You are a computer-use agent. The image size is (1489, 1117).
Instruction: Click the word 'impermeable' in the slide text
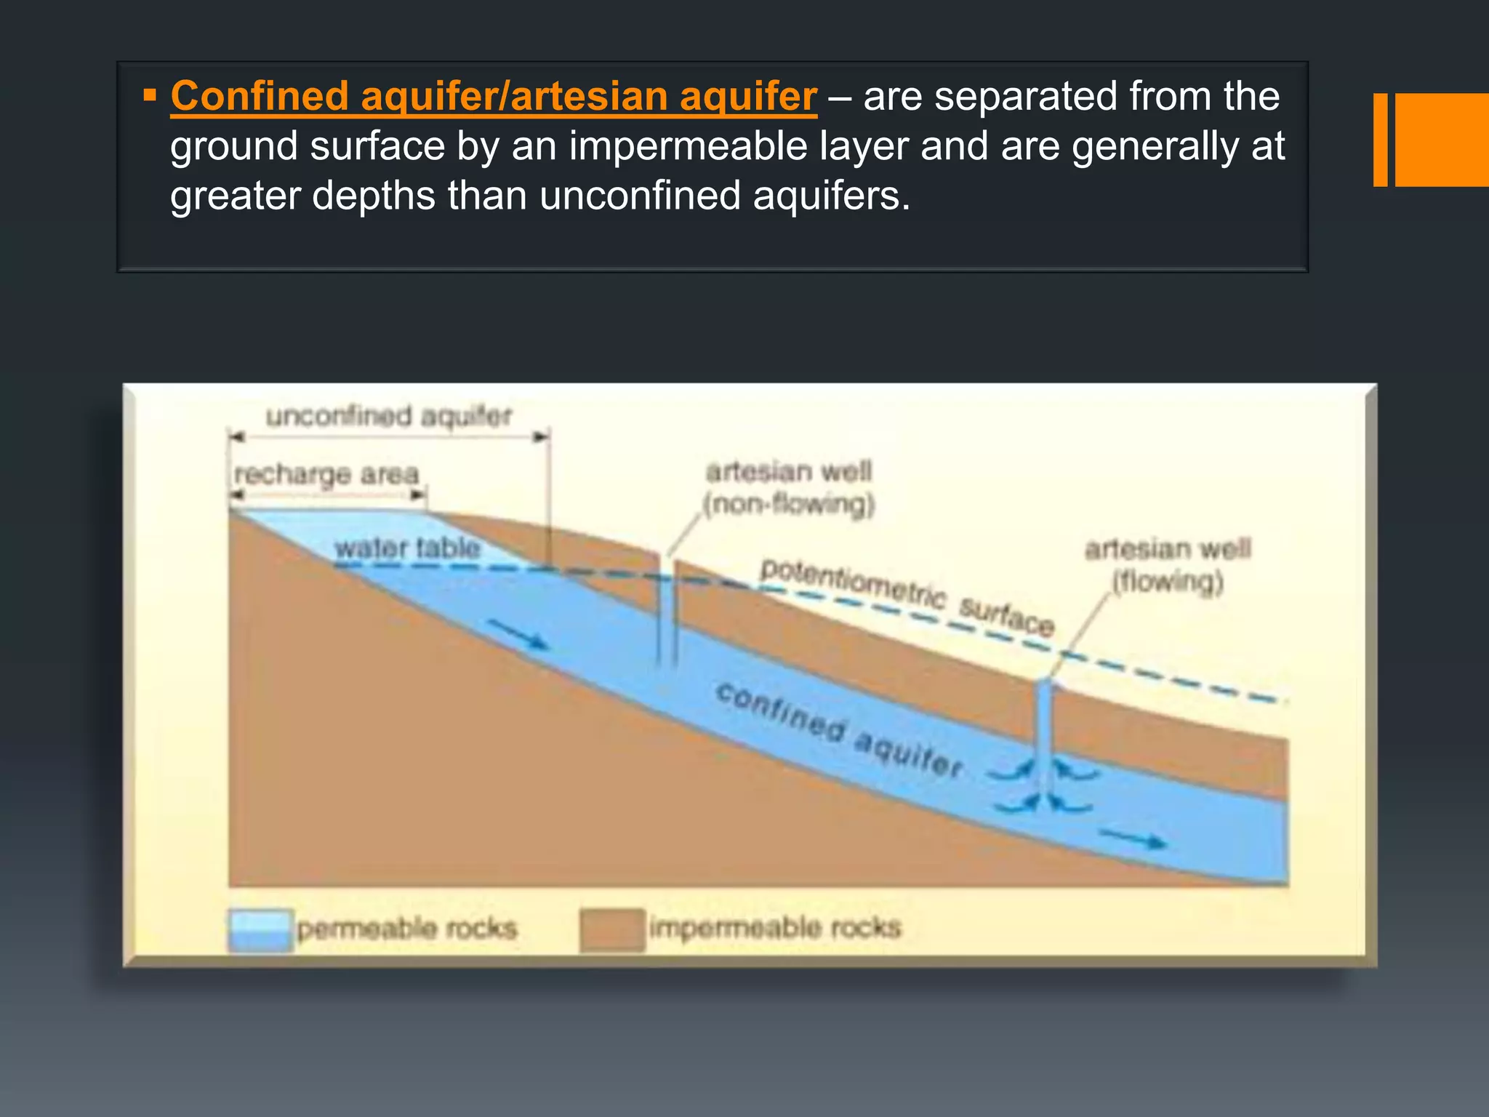click(688, 146)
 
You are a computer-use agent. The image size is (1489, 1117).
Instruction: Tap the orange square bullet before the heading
click(150, 95)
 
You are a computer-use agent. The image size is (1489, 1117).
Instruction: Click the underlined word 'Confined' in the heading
click(260, 96)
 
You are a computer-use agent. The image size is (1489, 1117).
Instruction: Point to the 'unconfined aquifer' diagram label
click(389, 416)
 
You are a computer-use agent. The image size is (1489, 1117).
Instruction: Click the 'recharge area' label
click(326, 474)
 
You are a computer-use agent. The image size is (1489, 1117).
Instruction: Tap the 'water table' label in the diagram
click(407, 548)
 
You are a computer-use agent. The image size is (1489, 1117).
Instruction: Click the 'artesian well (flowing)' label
click(1168, 565)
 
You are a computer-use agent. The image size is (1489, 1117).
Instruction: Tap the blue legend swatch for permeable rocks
click(260, 929)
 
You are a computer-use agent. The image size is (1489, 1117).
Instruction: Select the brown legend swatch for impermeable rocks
click(612, 929)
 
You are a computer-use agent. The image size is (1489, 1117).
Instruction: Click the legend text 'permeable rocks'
click(406, 929)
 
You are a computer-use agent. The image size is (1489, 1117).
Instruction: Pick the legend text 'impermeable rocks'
click(775, 928)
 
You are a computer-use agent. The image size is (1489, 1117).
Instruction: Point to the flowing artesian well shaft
click(1044, 734)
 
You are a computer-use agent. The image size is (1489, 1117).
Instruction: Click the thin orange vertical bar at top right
click(1380, 140)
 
